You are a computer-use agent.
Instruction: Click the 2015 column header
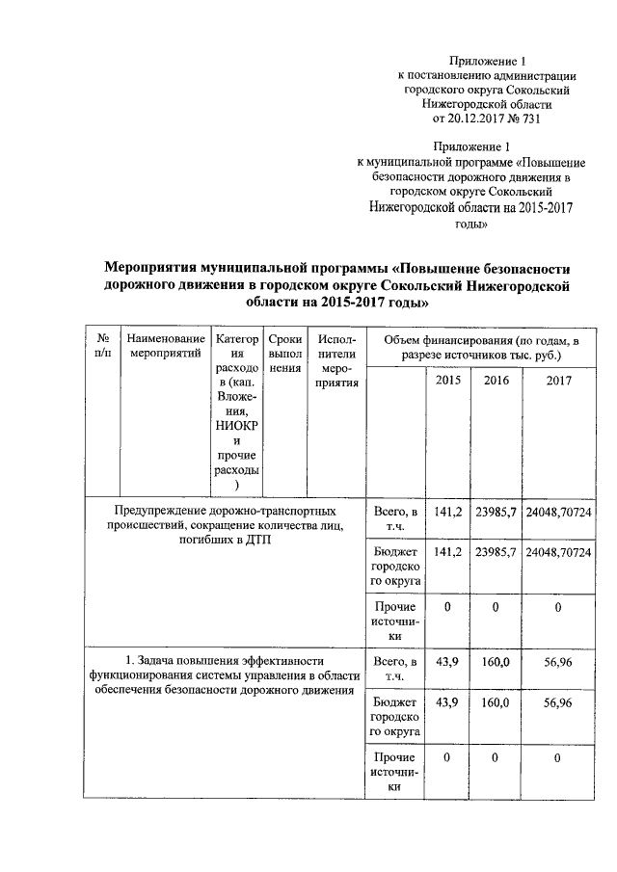tap(448, 381)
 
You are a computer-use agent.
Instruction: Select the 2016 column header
tap(496, 381)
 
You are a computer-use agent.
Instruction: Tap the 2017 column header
tap(558, 381)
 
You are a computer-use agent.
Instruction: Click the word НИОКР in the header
tap(236, 425)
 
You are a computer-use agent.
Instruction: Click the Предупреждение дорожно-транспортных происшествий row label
tap(225, 523)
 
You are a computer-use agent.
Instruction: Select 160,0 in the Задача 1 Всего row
tap(496, 661)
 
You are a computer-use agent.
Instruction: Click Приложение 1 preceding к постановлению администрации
tap(488, 60)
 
